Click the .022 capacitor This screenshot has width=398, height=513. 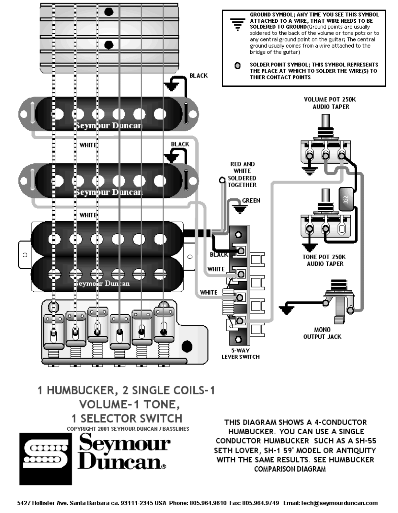[346, 199]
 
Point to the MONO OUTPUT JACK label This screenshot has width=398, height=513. [322, 333]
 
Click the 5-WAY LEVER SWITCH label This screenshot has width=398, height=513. [240, 354]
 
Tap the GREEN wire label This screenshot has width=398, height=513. [251, 200]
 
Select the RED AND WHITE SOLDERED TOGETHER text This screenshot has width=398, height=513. [242, 174]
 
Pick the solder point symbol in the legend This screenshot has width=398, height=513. [238, 66]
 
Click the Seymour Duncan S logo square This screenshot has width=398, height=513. [46, 459]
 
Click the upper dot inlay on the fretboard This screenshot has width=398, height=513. [109, 12]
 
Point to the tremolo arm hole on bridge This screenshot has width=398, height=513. [187, 346]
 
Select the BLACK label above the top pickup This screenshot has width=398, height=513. [199, 76]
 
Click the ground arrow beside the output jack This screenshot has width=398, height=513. [286, 308]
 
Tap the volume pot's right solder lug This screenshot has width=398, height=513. [341, 155]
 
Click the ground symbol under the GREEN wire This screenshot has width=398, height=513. [240, 209]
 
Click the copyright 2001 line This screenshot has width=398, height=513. [128, 429]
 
